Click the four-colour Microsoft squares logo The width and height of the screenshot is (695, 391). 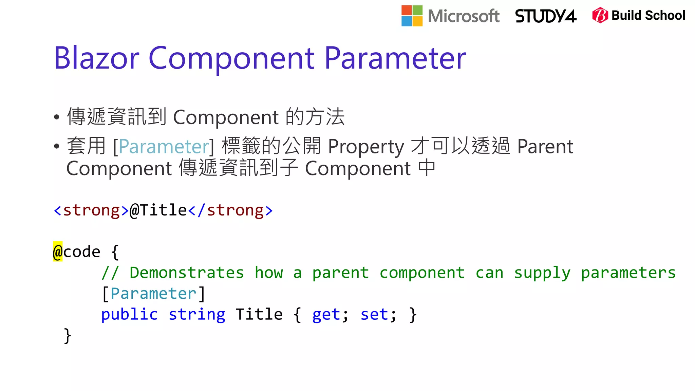412,16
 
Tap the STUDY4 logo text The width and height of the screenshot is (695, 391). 545,16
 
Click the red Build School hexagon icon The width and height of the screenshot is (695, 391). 600,15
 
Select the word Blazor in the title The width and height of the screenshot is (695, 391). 96,58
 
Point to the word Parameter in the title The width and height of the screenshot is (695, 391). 395,58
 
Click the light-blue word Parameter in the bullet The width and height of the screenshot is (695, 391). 164,147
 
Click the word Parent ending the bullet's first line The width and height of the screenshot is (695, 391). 545,147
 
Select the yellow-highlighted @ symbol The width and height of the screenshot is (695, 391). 58,252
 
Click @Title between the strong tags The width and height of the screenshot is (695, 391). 158,210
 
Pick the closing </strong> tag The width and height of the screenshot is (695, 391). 230,210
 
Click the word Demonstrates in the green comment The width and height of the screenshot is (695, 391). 187,273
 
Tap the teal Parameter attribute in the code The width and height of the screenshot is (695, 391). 153,294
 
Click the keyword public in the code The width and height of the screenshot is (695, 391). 129,315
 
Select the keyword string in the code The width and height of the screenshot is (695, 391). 197,315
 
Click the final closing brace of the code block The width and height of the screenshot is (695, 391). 68,336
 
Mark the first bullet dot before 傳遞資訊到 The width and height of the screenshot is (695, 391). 57,117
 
